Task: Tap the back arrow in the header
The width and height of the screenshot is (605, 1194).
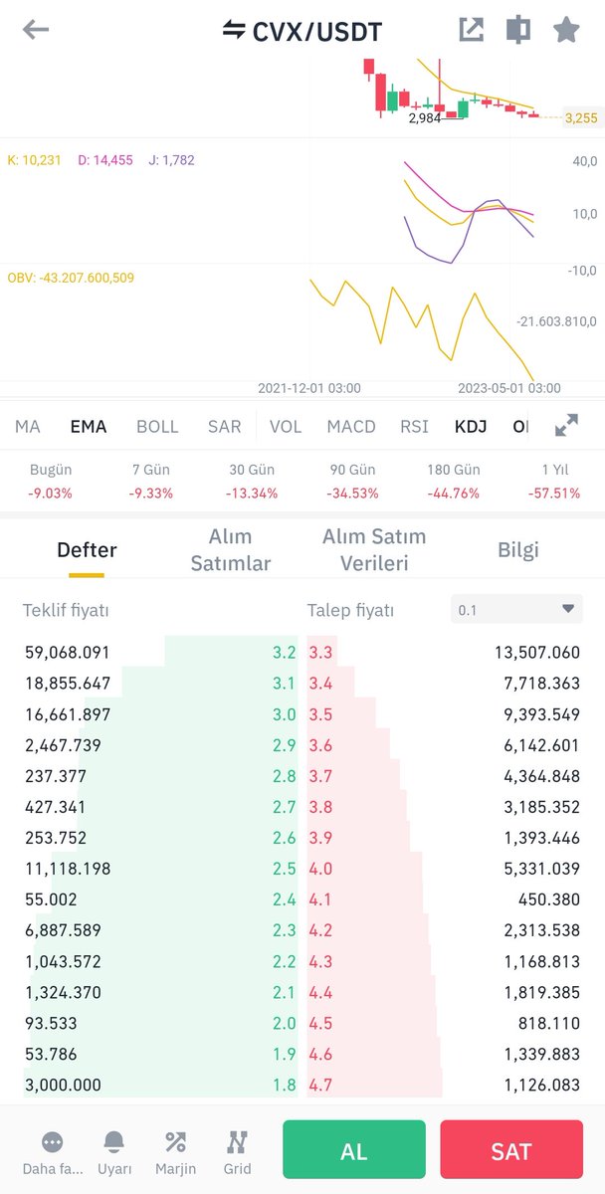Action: click(36, 30)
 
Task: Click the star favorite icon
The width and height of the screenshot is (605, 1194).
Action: click(566, 29)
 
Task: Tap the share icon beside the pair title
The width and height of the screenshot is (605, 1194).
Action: click(472, 29)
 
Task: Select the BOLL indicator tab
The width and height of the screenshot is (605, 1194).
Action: click(157, 427)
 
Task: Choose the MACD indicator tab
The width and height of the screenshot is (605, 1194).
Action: click(351, 427)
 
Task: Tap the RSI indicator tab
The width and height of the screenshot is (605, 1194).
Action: click(414, 427)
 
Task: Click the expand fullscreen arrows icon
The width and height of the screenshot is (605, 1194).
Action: click(566, 425)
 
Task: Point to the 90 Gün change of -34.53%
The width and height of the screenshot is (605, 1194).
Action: click(352, 494)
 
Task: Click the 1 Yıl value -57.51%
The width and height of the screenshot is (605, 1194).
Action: click(554, 494)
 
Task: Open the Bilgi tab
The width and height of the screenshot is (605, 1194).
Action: click(518, 549)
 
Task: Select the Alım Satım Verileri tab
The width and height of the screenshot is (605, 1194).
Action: click(374, 549)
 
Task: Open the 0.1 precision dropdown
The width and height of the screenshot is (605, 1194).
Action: click(516, 609)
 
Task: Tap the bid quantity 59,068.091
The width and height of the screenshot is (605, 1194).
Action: click(67, 653)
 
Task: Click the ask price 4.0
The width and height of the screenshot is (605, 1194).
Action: click(320, 869)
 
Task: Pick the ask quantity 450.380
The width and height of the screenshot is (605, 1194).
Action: click(549, 899)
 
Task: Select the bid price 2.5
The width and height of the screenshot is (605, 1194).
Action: click(285, 869)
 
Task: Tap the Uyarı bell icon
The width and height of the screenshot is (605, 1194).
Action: click(114, 1142)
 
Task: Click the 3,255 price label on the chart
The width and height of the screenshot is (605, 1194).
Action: click(581, 117)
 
